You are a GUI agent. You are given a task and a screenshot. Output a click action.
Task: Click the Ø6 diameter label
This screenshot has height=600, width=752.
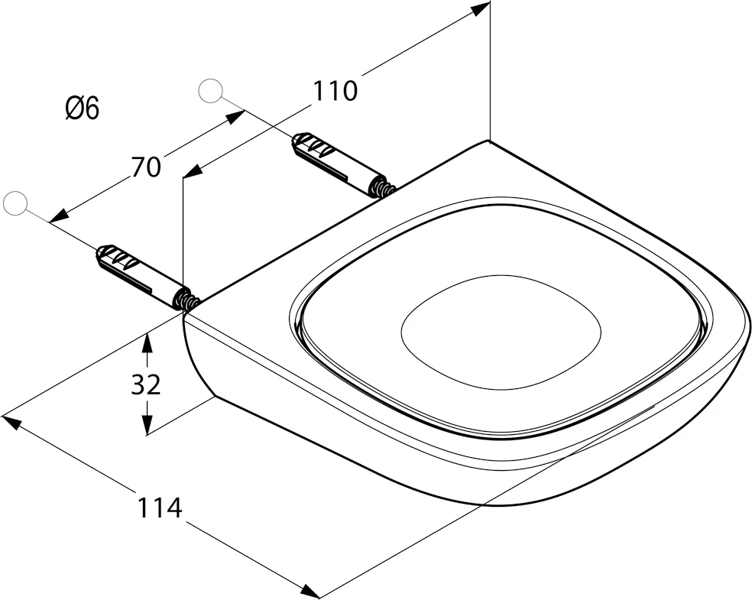click(82, 109)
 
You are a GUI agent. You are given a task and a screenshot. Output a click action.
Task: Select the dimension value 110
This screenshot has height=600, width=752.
click(335, 91)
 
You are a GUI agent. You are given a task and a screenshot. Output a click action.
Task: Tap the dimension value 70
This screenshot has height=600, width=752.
click(145, 167)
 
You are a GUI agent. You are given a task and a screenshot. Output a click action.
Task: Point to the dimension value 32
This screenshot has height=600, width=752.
click(145, 384)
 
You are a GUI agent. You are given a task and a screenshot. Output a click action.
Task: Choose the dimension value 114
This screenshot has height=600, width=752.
click(160, 507)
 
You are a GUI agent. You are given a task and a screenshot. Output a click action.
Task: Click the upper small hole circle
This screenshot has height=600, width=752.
click(209, 91)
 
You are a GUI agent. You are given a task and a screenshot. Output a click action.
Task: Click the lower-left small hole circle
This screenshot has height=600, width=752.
click(15, 203)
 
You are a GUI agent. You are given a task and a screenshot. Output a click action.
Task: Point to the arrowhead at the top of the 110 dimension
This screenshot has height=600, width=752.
click(481, 9)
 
